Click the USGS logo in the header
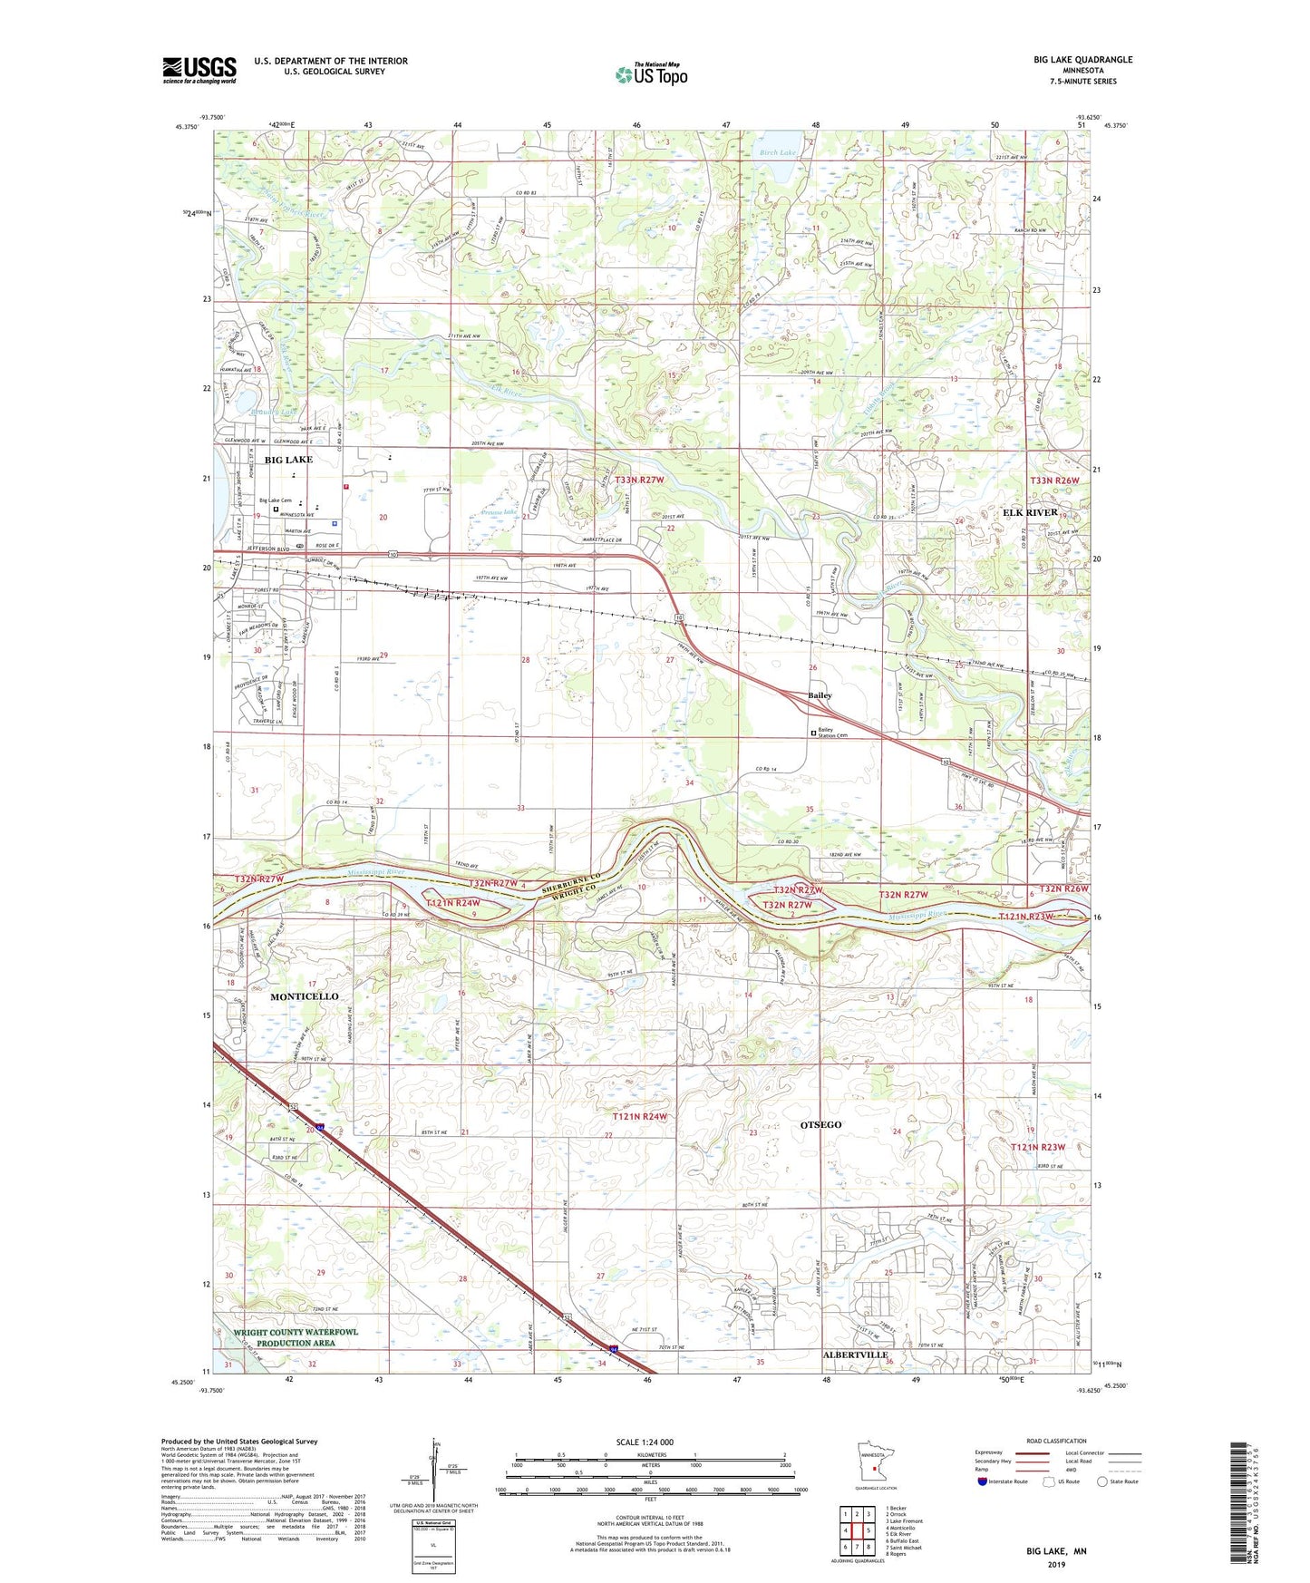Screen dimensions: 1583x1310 click(199, 70)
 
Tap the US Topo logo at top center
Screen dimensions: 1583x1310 click(651, 74)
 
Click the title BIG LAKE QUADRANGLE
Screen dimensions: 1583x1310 click(1082, 60)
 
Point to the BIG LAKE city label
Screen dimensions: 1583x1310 click(288, 460)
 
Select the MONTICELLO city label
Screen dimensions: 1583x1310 click(304, 996)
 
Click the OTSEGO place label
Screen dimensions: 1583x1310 click(820, 1124)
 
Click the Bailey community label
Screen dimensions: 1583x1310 click(820, 695)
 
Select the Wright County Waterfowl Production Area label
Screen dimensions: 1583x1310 click(296, 1337)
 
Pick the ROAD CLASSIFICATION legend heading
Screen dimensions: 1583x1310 click(1056, 1441)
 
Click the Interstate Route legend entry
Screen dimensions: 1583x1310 click(1002, 1481)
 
